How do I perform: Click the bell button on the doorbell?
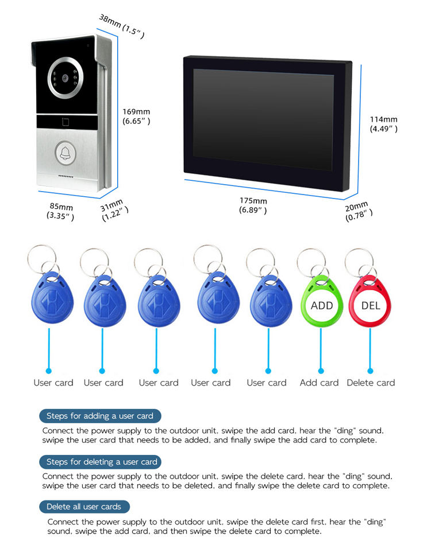click(65, 152)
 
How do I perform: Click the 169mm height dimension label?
click(136, 116)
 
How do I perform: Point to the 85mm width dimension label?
click(60, 211)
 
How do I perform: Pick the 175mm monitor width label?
click(253, 205)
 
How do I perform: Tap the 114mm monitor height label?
click(383, 124)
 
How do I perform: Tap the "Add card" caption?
click(320, 383)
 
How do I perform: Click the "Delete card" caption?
click(371, 383)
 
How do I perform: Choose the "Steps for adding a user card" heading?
click(100, 416)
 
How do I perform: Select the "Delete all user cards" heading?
click(84, 507)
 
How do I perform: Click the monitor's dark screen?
click(263, 119)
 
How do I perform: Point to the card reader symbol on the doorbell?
click(66, 121)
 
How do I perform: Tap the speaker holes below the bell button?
click(66, 176)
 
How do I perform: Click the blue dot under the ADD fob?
click(322, 371)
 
